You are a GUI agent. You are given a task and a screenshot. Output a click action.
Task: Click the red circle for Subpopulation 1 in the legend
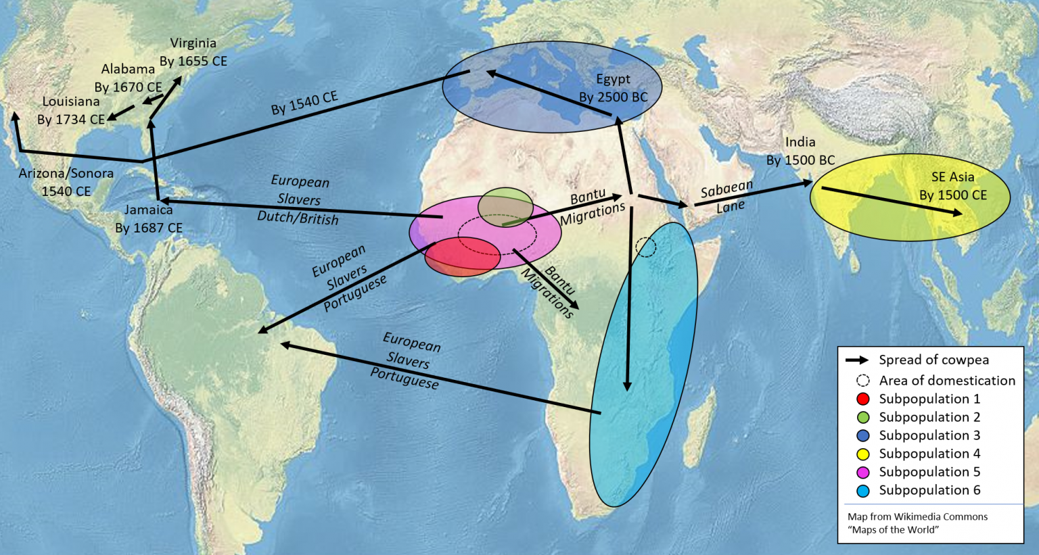point(862,399)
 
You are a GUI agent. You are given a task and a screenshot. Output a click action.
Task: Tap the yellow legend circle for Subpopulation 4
point(862,454)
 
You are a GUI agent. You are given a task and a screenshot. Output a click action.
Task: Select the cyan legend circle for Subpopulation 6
point(862,490)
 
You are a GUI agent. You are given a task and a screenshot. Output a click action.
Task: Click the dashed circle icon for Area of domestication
point(862,381)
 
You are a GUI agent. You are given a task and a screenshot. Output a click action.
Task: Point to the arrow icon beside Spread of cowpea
point(856,360)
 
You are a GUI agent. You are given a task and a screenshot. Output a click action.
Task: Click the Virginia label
point(193,43)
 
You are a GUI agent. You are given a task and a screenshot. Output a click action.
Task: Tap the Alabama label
point(128,69)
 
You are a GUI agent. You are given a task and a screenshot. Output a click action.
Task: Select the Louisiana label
point(71,101)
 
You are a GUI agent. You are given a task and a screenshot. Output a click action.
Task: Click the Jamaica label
point(148,210)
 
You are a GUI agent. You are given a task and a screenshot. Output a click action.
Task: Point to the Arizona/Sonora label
point(66,173)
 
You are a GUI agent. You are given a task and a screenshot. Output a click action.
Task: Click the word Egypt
point(613,79)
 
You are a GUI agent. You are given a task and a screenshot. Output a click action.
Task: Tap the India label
point(800,142)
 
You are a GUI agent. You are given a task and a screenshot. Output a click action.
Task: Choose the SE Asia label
point(952,177)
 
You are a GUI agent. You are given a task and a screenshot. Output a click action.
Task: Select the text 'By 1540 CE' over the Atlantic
point(304,103)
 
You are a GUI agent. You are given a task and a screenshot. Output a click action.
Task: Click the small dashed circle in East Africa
point(646,247)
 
